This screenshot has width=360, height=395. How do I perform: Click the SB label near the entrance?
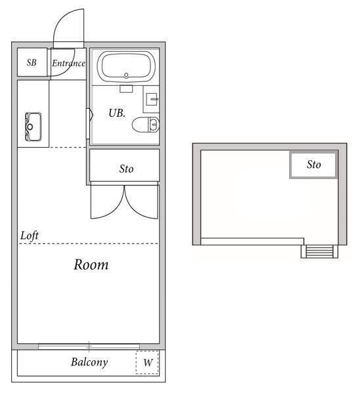[x=32, y=63]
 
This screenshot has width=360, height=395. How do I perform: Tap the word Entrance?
[x=68, y=63]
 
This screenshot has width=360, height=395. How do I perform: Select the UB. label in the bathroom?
[x=117, y=113]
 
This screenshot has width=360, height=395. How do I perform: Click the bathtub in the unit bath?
[x=125, y=66]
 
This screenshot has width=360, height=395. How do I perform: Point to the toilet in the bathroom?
[x=145, y=124]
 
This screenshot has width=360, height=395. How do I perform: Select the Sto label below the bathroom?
[x=126, y=169]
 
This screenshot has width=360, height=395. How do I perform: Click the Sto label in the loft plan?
[x=314, y=165]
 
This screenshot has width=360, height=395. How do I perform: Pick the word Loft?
[x=30, y=235]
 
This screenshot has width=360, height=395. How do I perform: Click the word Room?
[x=91, y=265]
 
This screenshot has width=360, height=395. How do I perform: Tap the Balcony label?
[x=89, y=362]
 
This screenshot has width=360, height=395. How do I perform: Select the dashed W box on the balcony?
[x=148, y=362]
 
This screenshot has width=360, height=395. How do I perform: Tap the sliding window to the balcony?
[x=89, y=346]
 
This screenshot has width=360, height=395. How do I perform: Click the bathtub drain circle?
[x=125, y=75]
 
